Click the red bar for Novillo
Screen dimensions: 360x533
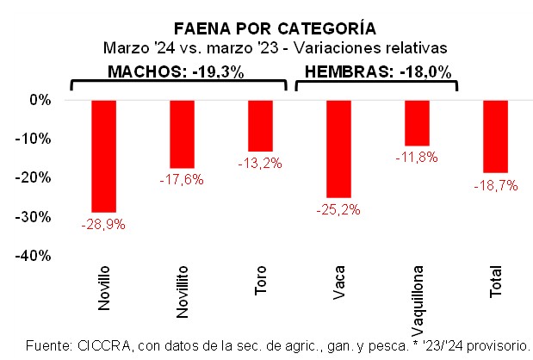pyautogui.click(x=103, y=156)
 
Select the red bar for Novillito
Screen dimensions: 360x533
pyautogui.click(x=183, y=134)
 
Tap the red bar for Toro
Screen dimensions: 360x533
pyautogui.click(x=260, y=126)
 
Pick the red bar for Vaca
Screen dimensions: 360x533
pyautogui.click(x=338, y=149)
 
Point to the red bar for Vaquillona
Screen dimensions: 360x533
pyautogui.click(x=417, y=123)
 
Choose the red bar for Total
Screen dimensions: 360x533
pyautogui.click(x=495, y=136)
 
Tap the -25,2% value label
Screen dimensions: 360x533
pyautogui.click(x=338, y=209)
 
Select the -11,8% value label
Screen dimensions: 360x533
pyautogui.click(x=417, y=158)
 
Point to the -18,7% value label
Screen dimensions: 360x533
pyautogui.click(x=494, y=184)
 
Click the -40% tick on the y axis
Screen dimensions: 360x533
pyautogui.click(x=36, y=256)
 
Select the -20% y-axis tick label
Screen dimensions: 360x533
pyautogui.click(x=36, y=177)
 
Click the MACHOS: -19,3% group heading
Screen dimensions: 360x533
pyautogui.click(x=176, y=72)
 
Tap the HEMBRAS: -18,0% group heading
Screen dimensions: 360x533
pyautogui.click(x=378, y=72)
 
